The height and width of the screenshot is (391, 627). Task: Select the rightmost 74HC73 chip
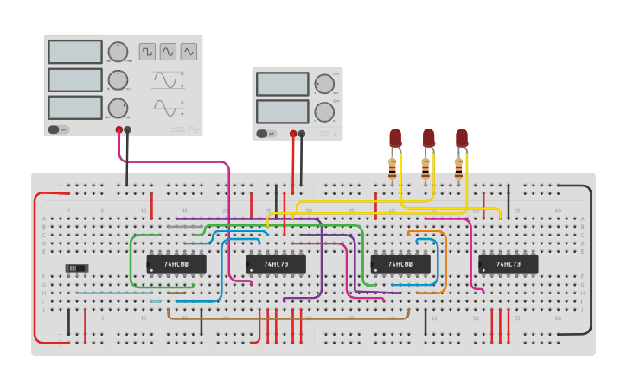click(509, 263)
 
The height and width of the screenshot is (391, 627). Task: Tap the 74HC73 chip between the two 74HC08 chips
click(276, 263)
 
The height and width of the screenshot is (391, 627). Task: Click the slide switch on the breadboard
click(78, 268)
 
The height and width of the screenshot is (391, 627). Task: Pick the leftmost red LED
click(395, 137)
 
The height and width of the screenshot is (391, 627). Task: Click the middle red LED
click(428, 137)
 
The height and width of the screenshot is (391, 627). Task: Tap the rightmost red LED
click(462, 137)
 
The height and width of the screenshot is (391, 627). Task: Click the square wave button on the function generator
click(147, 52)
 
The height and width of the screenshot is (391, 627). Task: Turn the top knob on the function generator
click(118, 52)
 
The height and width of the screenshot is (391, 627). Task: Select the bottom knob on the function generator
click(118, 108)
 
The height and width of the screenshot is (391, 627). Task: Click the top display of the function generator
click(75, 52)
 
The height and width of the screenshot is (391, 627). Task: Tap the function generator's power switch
click(58, 129)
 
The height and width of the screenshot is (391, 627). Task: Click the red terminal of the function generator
click(119, 130)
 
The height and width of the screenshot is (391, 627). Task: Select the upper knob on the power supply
click(323, 84)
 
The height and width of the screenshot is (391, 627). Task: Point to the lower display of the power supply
click(282, 111)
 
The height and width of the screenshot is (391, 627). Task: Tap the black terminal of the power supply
click(302, 134)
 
